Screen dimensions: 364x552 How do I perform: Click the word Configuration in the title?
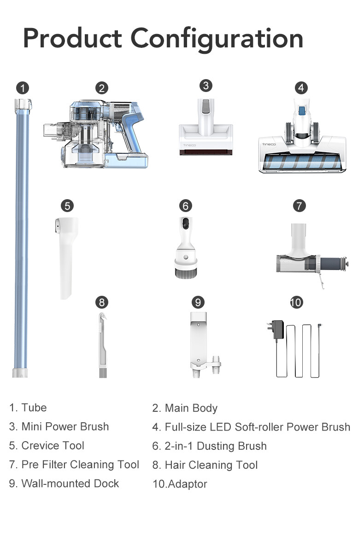pos(217,39)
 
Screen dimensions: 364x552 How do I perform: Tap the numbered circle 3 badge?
pos(206,86)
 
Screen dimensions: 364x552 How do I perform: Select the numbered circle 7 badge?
pos(299,206)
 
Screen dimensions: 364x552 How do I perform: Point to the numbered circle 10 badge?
pos(296,302)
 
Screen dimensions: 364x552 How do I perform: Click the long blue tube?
pos(22,238)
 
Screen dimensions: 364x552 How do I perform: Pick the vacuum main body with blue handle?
pos(96,134)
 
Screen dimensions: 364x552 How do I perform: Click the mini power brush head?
pos(206,127)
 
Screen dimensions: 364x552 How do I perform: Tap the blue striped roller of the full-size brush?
pos(302,161)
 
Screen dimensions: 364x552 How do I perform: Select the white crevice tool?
pos(66,258)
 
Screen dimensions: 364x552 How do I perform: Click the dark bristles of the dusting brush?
pos(186,273)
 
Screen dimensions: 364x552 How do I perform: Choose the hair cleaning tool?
pos(103,345)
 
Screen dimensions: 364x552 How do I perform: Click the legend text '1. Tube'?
pos(28,408)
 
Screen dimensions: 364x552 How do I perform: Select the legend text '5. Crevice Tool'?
pos(47,446)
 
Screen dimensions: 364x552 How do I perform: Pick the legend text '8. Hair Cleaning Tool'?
pos(205,465)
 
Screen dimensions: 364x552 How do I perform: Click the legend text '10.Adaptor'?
pos(180,484)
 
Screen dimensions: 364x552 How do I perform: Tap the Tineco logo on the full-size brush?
pos(269,144)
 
